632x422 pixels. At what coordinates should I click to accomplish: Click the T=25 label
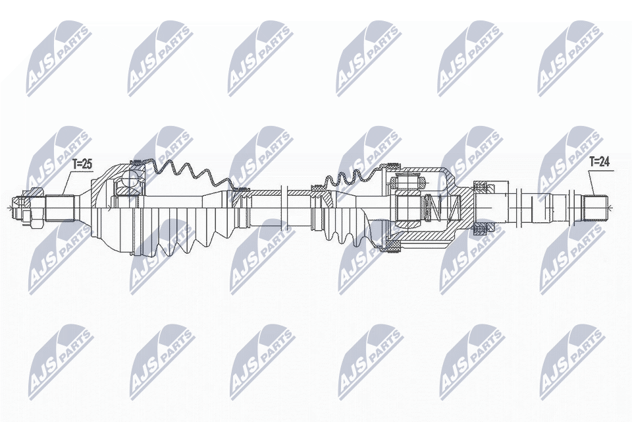82,164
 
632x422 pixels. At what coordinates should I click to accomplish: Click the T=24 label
599,162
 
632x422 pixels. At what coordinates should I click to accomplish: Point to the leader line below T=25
68,183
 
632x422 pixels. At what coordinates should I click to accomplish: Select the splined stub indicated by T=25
60,208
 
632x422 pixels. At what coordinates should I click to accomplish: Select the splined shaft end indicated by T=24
596,208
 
